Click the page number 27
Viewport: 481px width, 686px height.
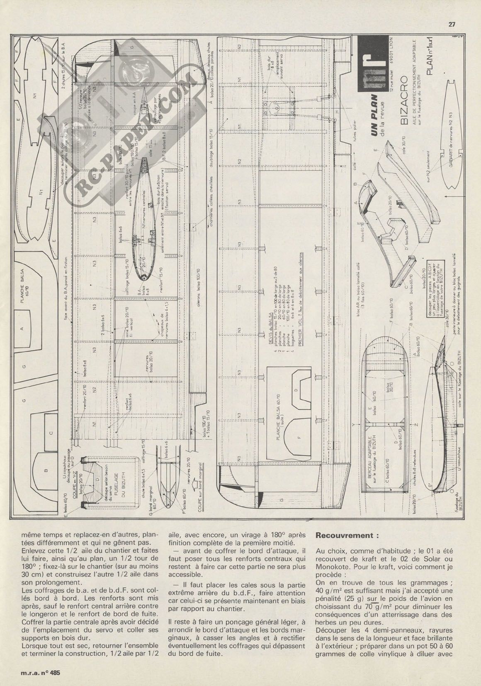(452, 24)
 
